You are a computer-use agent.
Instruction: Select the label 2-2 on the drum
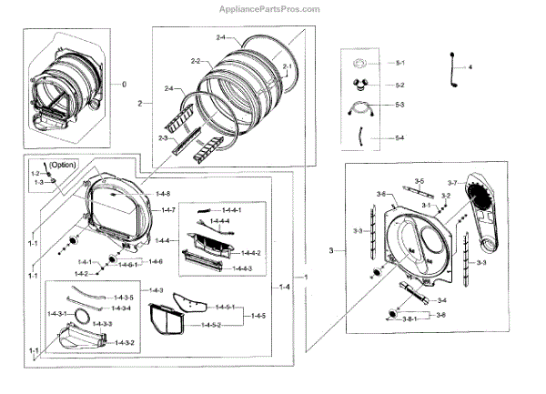[x=195, y=61]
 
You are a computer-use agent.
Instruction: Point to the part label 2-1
[x=288, y=68]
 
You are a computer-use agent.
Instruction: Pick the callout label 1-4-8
[x=164, y=194]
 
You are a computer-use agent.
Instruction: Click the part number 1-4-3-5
[x=124, y=298]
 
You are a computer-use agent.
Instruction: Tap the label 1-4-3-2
[x=124, y=342]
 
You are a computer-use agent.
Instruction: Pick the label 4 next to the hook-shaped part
[x=471, y=68]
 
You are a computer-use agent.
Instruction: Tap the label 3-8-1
[x=405, y=320]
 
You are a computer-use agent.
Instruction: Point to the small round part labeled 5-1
[x=359, y=63]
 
